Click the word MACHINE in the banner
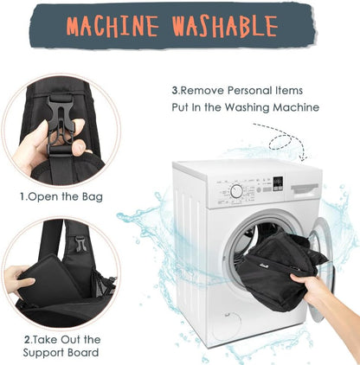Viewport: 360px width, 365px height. [112, 26]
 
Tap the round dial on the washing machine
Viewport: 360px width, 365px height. [236, 191]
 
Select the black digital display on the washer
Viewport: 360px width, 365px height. [278, 183]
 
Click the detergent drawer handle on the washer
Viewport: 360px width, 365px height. [305, 189]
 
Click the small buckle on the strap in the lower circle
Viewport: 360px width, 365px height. [80, 244]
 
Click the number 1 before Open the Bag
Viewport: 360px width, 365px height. [22, 197]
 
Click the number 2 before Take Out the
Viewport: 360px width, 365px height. [27, 340]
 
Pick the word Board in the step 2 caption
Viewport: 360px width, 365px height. [83, 353]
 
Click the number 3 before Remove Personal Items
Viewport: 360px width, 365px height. [175, 91]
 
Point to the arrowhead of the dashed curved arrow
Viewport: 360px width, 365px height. [303, 157]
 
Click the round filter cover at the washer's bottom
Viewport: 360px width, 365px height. [228, 323]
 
